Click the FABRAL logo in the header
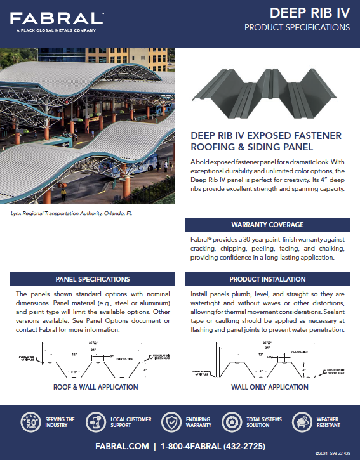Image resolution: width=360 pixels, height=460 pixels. [x=57, y=18]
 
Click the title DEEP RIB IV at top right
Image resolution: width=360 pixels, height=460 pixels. [x=309, y=13]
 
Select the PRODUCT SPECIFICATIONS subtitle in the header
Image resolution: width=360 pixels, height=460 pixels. [x=297, y=28]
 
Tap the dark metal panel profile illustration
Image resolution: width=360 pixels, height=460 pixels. [x=267, y=92]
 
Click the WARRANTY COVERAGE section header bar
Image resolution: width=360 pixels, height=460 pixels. [x=267, y=225]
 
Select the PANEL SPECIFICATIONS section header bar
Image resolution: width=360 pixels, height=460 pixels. [x=93, y=279]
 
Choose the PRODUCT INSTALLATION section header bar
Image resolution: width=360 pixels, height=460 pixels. [x=267, y=279]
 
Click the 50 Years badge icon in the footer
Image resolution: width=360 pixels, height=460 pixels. [x=32, y=423]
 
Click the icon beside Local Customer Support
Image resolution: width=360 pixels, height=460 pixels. [x=97, y=423]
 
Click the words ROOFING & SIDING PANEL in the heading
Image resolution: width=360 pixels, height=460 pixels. [x=252, y=147]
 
